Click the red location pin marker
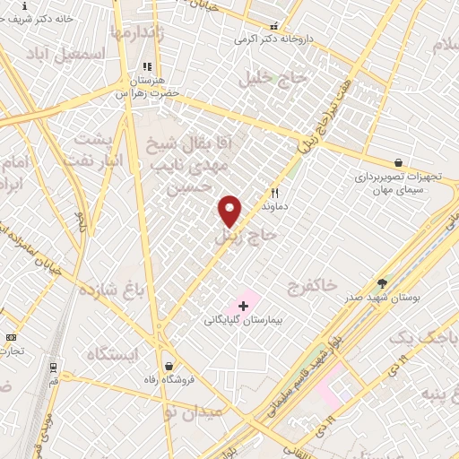point(229,210)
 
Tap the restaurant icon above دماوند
point(275,193)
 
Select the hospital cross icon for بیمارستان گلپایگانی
point(243,307)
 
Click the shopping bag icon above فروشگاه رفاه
point(169,366)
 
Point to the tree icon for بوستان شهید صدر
point(383,283)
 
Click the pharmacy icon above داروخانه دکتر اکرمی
point(274,27)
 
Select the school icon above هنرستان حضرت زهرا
point(147,67)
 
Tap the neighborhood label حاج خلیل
point(278,79)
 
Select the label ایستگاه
point(112,354)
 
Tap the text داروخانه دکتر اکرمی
point(271,39)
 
